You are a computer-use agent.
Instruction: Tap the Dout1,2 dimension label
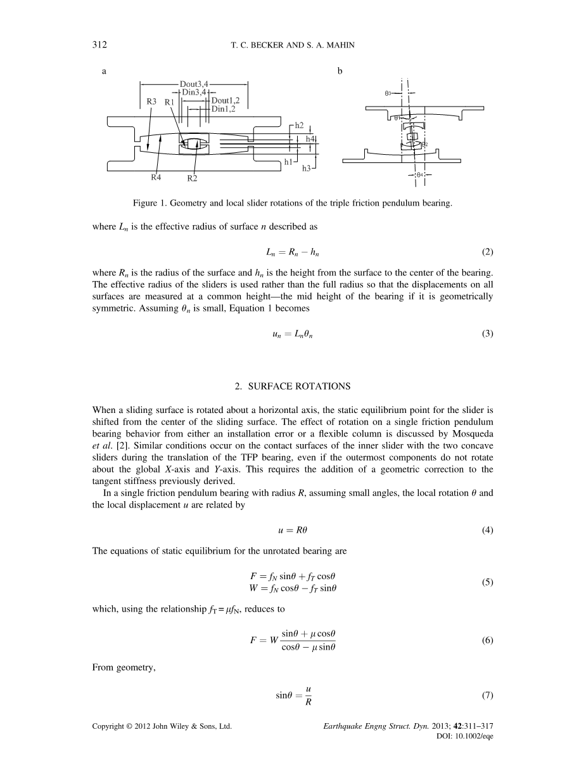coord(225,101)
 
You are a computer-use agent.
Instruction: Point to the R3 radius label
coord(151,101)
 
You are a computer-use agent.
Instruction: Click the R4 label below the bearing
coord(156,178)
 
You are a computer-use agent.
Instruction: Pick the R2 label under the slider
coord(192,178)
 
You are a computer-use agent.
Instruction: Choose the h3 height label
coord(306,168)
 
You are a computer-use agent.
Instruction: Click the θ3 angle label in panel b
coord(388,93)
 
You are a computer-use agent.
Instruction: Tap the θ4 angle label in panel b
coord(419,174)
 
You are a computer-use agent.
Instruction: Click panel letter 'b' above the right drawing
coord(340,71)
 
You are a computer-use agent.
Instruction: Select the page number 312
coord(99,44)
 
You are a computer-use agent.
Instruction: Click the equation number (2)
coord(487,252)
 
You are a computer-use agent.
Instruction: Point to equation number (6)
coord(487,641)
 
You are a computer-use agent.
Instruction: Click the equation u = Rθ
coord(292,530)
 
